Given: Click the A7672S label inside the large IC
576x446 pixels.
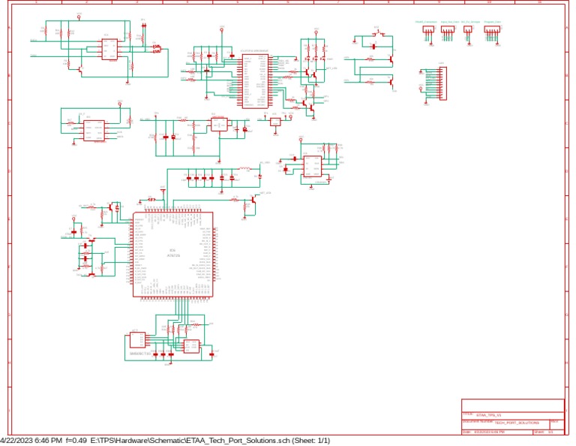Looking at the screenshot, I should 172,256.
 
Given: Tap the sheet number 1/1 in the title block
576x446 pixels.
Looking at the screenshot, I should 551,432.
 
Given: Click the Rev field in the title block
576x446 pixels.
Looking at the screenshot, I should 555,423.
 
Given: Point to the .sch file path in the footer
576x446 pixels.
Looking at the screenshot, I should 187,440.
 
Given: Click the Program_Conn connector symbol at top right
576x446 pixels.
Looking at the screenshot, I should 491,31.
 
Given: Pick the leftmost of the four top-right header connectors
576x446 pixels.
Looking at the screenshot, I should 428,31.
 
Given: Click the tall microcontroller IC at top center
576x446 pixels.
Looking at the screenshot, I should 251,79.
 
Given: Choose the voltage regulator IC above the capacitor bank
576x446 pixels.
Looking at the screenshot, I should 219,125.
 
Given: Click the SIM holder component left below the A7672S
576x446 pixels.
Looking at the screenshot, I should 138,339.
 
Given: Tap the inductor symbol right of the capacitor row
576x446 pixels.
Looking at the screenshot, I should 244,169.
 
